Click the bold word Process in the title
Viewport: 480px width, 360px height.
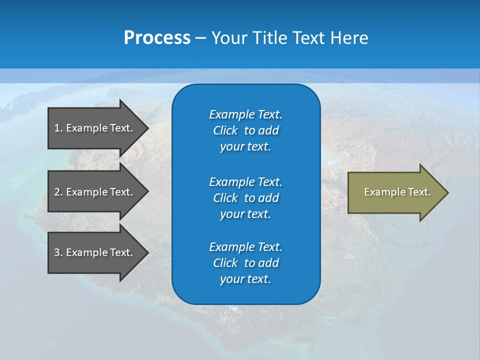tap(157, 38)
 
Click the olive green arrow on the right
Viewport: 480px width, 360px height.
tap(395, 192)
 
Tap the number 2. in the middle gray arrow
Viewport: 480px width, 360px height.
tap(58, 192)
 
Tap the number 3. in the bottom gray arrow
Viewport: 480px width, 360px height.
tap(58, 252)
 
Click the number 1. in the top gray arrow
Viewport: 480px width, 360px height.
tap(58, 128)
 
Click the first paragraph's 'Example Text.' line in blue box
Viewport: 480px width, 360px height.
tap(245, 114)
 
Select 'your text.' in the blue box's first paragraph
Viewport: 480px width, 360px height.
tap(245, 146)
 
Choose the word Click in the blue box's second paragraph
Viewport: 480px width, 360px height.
tap(225, 198)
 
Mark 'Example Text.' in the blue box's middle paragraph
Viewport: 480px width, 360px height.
tap(245, 181)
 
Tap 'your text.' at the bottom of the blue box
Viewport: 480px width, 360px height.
tap(245, 279)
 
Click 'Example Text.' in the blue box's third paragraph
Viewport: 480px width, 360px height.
tap(245, 247)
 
